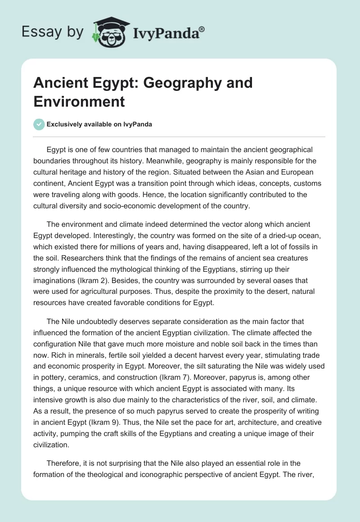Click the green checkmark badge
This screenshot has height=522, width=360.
coord(39,124)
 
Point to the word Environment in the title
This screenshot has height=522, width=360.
coord(79,101)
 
